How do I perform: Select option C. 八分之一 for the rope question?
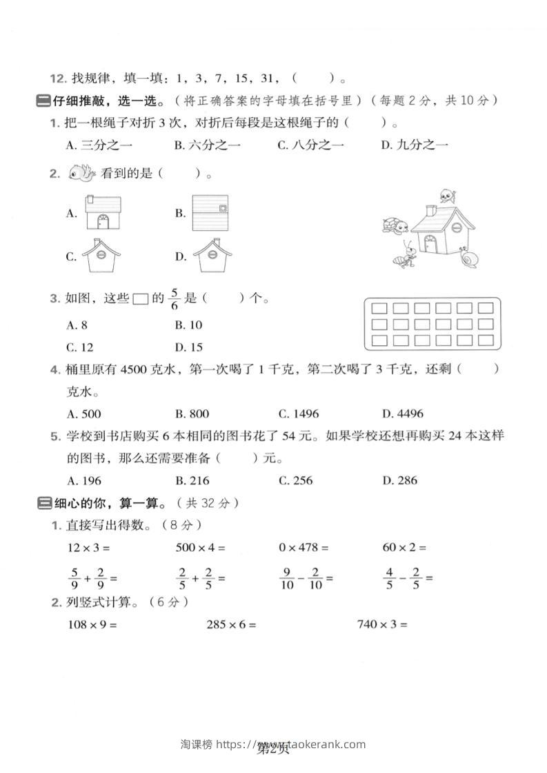[310, 145]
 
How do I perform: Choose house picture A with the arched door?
[103, 213]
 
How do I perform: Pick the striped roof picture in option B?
[210, 213]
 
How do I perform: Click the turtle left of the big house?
[395, 225]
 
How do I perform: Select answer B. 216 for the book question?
[192, 480]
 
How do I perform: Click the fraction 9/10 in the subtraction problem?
[287, 578]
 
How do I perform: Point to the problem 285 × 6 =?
[231, 625]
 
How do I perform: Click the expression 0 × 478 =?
[304, 548]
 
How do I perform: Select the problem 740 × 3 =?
[382, 625]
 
